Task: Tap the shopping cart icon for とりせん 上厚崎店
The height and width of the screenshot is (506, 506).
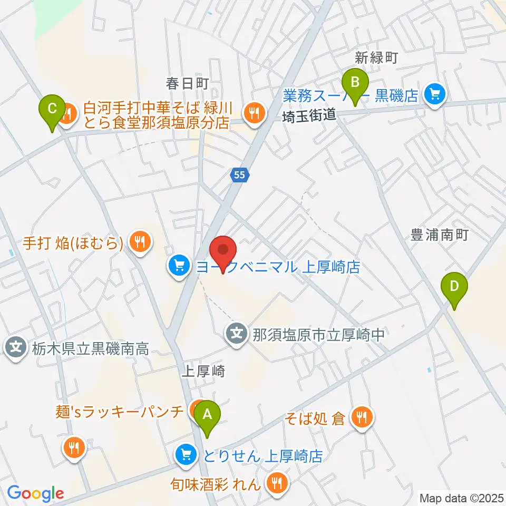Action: pyautogui.click(x=186, y=454)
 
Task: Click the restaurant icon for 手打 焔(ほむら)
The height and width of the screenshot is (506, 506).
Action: pyautogui.click(x=139, y=242)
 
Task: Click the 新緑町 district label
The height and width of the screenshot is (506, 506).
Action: pyautogui.click(x=376, y=58)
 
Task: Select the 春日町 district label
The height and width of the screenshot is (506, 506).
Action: pyautogui.click(x=188, y=83)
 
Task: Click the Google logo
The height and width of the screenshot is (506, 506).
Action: pyautogui.click(x=35, y=494)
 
